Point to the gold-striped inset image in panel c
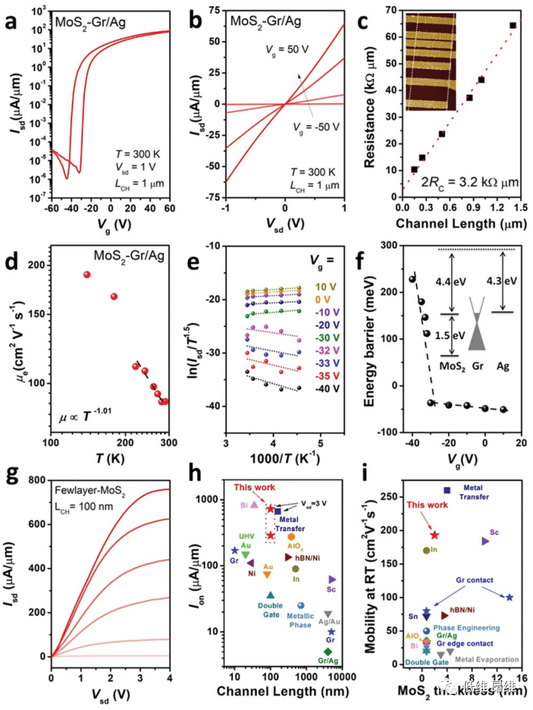(430, 62)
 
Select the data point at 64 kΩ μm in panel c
(513, 26)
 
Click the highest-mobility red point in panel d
(87, 275)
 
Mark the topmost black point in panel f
(412, 279)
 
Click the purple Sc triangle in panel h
(332, 580)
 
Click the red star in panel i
(435, 535)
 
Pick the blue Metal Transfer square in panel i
(448, 490)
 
